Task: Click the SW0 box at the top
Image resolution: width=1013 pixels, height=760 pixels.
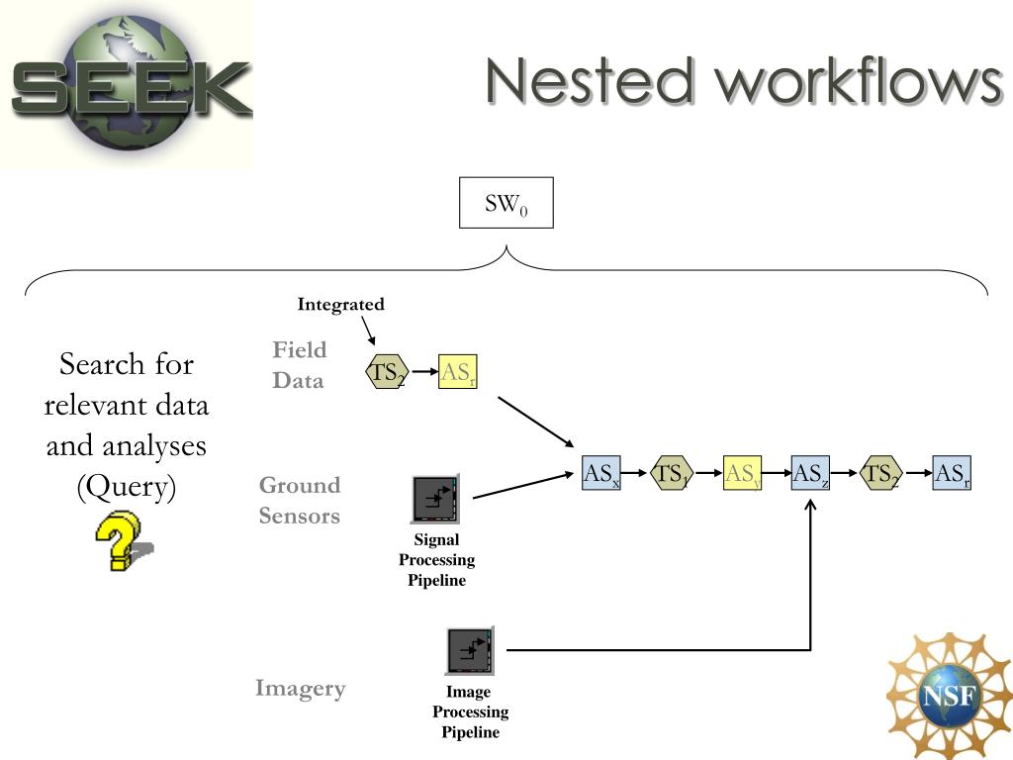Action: tap(506, 202)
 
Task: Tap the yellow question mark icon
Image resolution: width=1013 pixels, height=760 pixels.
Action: tap(123, 540)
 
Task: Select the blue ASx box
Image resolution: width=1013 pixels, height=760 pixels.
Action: tap(600, 472)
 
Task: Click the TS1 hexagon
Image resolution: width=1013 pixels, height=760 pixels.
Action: tap(672, 473)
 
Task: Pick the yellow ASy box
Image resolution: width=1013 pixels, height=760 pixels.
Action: tap(742, 473)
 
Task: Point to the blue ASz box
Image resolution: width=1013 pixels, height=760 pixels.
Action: tap(810, 473)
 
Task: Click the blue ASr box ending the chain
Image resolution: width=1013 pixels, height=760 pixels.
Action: tap(952, 473)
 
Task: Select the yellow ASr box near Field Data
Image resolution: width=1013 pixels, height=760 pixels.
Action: tap(457, 372)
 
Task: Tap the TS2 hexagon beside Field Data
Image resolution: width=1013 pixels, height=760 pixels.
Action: tap(387, 372)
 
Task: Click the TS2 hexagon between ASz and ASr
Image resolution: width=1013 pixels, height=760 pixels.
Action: tap(881, 473)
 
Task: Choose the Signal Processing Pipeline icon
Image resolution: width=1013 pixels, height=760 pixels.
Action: tap(435, 499)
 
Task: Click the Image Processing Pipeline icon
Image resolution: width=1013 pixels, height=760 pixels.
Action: tap(470, 651)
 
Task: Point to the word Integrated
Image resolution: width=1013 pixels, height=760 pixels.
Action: tap(340, 305)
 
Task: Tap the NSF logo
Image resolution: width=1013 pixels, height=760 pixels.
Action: tap(949, 696)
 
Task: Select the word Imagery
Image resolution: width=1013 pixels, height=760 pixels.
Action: tap(301, 689)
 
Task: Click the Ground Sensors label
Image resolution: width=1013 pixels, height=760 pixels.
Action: tap(300, 500)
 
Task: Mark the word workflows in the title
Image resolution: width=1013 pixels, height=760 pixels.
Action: tap(859, 81)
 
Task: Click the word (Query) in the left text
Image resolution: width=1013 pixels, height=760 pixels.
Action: tap(126, 487)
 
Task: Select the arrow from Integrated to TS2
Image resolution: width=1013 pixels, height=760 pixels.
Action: tap(368, 331)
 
